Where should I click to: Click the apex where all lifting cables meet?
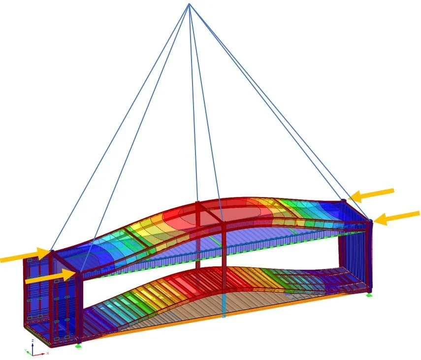(189, 4)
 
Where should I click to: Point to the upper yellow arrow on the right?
(374, 195)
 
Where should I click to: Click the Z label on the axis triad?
(32, 340)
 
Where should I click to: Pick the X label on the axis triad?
(48, 353)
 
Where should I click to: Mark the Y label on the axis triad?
(25, 350)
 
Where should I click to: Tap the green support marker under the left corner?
(78, 346)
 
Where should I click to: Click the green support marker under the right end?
(369, 295)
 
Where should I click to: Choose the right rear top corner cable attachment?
(344, 200)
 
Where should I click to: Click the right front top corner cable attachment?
(370, 221)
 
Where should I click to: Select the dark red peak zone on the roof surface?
(197, 214)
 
